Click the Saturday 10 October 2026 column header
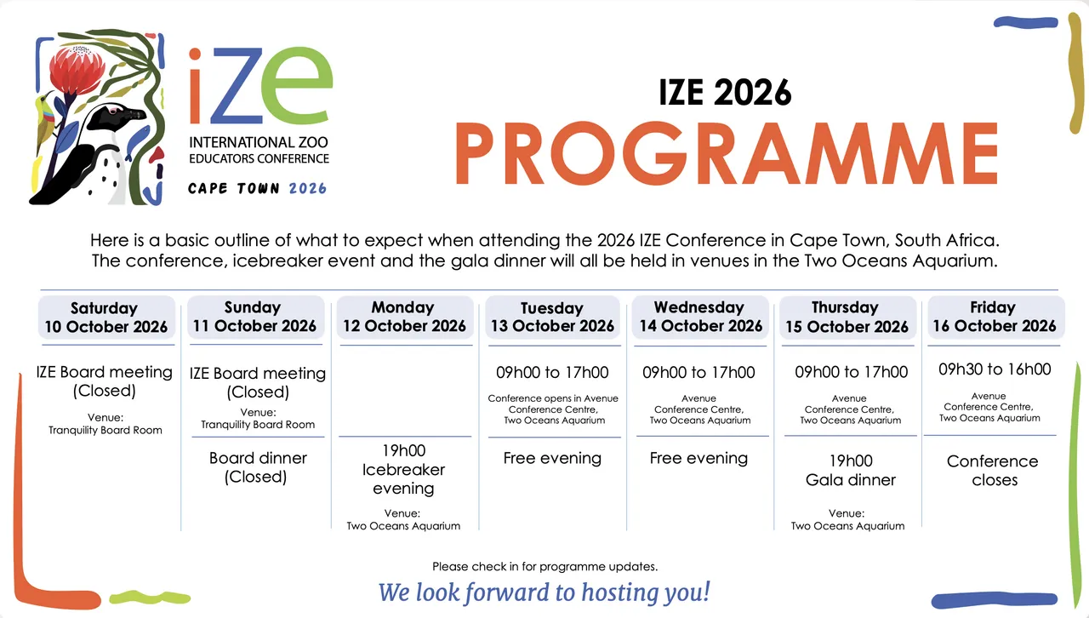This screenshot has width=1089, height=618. coord(106,318)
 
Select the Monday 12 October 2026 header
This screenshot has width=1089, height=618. coord(404,317)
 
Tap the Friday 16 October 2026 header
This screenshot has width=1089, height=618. coord(994,317)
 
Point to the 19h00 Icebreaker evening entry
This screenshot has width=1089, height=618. coord(404,470)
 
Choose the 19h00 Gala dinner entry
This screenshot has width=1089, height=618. coord(851,471)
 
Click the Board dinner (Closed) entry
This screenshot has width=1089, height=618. coord(258,467)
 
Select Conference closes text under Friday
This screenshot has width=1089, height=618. coord(993,471)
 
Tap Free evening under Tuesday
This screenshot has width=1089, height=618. coord(552,458)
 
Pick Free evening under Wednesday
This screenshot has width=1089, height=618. coord(698,458)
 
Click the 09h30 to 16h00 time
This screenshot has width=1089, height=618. coord(995,369)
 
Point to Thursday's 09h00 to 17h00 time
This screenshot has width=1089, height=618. coord(851,372)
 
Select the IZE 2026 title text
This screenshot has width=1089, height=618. coord(725,92)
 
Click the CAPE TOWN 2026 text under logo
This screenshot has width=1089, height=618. coord(257,188)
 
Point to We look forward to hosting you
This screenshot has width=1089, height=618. coord(544,592)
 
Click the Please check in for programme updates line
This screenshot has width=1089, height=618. coord(544,566)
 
